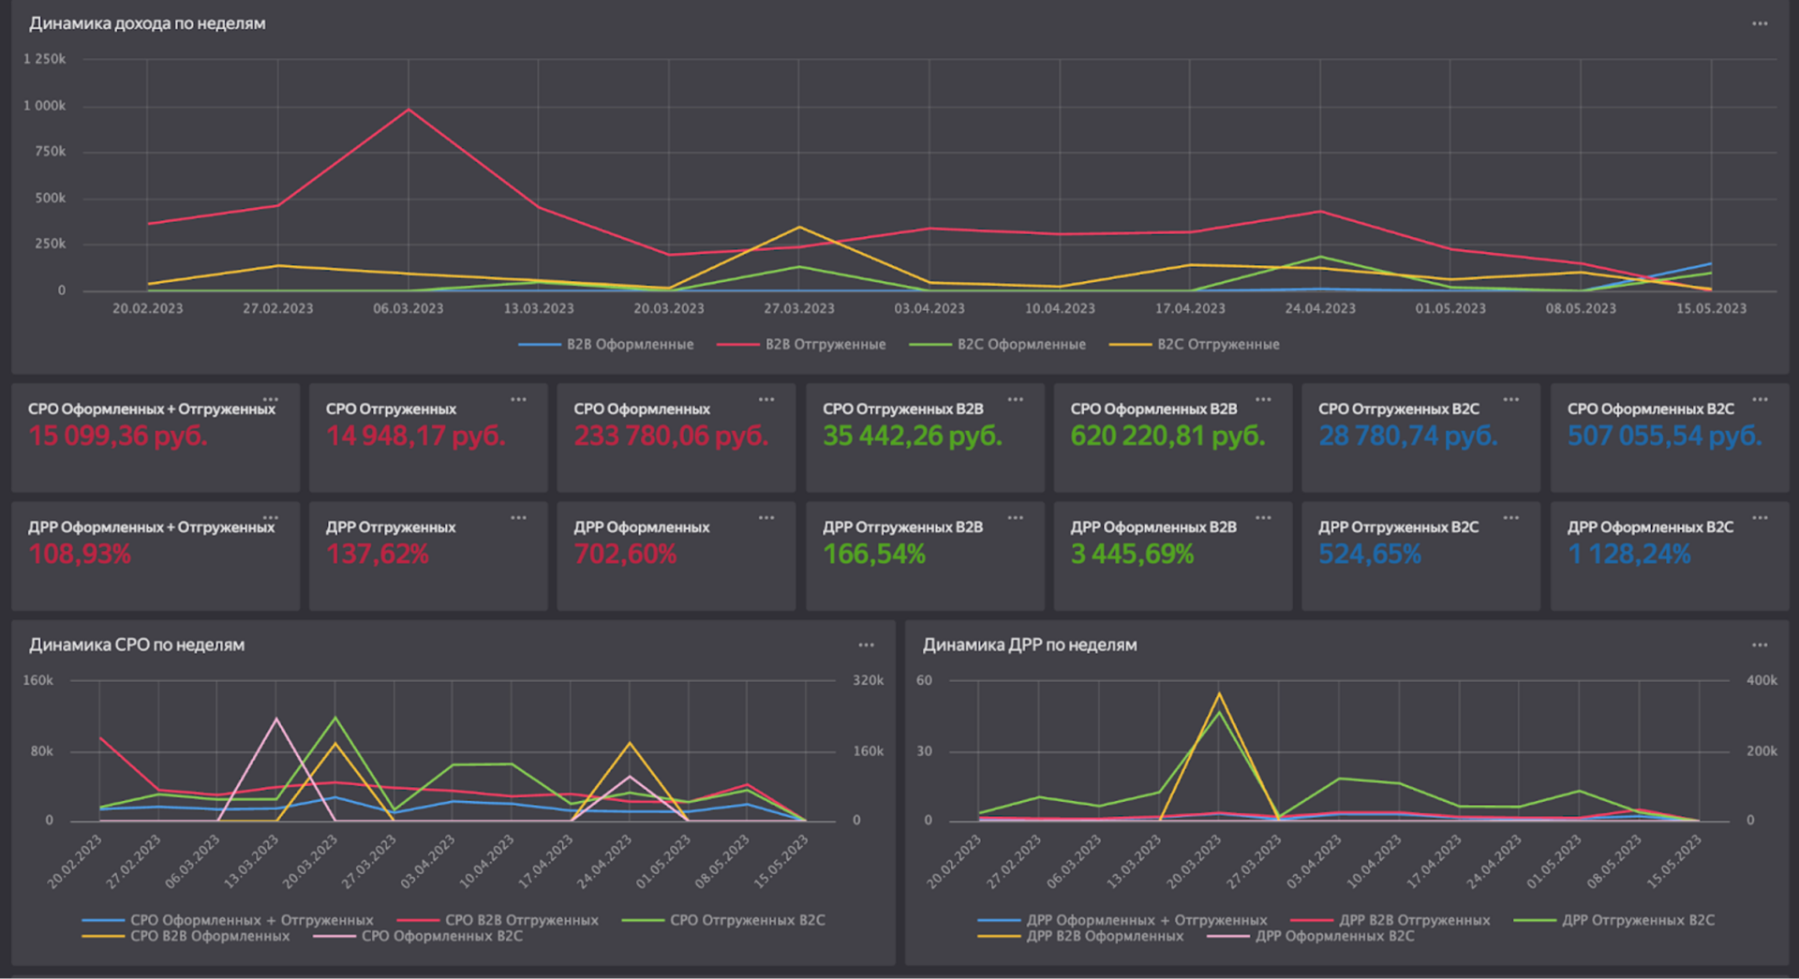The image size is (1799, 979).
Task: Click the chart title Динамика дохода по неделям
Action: pos(147,23)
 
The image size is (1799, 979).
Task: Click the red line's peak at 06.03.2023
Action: pos(409,110)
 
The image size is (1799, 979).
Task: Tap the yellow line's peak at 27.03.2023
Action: pos(799,227)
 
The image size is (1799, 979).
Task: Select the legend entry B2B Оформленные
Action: pos(606,345)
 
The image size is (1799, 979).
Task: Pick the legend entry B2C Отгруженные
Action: pos(1195,345)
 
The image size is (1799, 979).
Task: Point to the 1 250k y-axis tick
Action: pos(45,59)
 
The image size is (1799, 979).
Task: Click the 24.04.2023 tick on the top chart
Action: pos(1320,308)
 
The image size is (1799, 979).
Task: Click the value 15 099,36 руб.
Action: pos(118,436)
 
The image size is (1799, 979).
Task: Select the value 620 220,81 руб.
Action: pos(1167,436)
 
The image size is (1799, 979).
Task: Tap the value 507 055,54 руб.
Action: pos(1664,436)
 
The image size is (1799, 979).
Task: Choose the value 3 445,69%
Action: pos(1132,555)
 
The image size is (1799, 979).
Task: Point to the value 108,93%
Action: pos(80,555)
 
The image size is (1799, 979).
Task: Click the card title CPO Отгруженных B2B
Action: pos(903,409)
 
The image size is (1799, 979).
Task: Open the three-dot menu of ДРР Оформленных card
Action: pos(766,518)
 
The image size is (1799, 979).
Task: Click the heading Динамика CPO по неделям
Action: pos(137,645)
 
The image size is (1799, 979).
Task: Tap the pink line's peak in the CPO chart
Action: pos(275,719)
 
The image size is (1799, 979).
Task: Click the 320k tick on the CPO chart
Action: pos(869,680)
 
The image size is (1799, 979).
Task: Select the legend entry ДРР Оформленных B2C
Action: pos(1335,936)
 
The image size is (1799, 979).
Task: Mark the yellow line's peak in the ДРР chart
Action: pos(1219,693)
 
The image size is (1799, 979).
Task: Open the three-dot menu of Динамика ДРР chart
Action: pos(1760,645)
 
